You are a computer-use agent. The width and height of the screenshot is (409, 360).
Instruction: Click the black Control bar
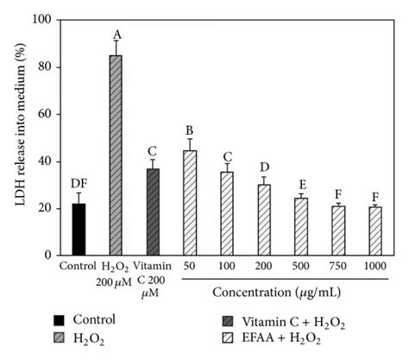tap(79, 230)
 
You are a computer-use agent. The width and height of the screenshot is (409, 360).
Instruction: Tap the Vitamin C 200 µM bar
tap(153, 212)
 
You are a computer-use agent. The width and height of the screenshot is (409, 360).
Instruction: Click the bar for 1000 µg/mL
tap(375, 231)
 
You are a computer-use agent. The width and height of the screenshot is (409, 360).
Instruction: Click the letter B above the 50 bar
tap(190, 132)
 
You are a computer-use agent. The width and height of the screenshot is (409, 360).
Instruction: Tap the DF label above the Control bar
tap(79, 184)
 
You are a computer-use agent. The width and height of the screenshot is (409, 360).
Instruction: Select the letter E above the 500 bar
tap(301, 185)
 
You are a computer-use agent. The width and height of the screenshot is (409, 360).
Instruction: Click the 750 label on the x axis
tap(338, 266)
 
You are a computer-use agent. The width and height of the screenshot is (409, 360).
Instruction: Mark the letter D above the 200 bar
tap(264, 166)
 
